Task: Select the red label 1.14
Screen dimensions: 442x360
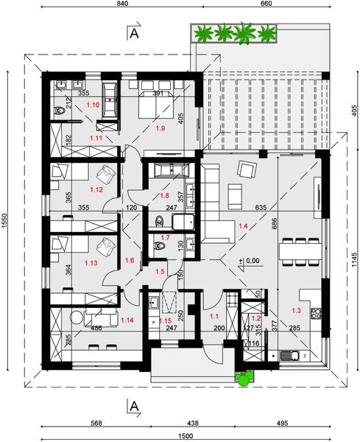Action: click(126, 320)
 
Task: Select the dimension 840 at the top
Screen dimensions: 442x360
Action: click(123, 5)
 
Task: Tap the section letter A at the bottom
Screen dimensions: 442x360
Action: click(134, 404)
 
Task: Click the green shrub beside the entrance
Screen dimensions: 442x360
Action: click(244, 378)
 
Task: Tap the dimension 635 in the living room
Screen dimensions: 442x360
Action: click(257, 208)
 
